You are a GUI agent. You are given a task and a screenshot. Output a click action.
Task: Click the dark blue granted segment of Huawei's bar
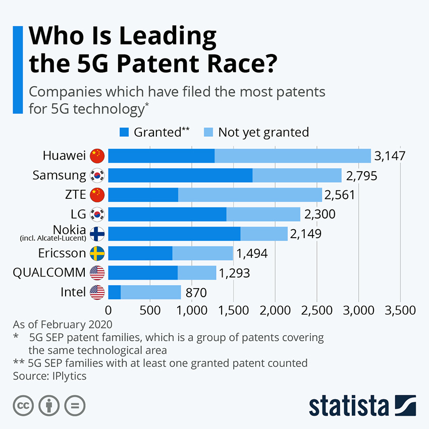click(x=161, y=156)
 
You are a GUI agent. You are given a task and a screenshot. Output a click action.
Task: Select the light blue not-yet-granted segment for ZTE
click(x=250, y=195)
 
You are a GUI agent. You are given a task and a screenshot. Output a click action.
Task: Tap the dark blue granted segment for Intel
click(x=115, y=292)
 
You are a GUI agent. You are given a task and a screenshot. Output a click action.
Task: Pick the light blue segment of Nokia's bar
click(x=264, y=234)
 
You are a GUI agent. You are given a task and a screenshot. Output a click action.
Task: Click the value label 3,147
click(x=390, y=156)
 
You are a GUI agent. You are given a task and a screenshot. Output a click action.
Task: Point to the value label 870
click(x=196, y=292)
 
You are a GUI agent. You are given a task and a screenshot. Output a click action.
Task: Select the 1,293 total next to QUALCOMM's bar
click(x=234, y=273)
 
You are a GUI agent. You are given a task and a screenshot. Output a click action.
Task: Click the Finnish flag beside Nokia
click(x=96, y=234)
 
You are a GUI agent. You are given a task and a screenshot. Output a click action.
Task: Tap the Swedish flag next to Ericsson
click(x=96, y=253)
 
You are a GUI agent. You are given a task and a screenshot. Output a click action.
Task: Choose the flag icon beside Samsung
click(x=96, y=176)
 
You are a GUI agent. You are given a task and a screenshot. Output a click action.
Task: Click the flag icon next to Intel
click(x=96, y=292)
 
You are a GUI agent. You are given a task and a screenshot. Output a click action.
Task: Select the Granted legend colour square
click(x=124, y=132)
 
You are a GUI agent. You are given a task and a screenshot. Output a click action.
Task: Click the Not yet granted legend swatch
click(x=209, y=132)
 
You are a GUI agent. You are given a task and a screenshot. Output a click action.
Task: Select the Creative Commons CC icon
click(x=23, y=405)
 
